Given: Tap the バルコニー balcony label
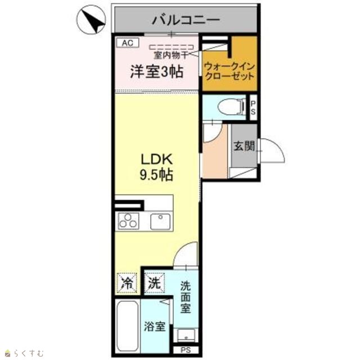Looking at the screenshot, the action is pos(186,20).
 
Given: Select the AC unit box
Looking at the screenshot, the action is pos(128,43).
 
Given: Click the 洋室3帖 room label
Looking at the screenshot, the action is pos(157,71).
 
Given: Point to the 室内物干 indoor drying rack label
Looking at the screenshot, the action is pos(171,55).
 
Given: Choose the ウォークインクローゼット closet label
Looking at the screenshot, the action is pos(229,71).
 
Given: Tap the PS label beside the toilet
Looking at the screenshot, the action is pos(253,107).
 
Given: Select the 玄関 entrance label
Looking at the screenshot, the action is pos(244,146).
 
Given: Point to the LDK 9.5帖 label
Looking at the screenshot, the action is pos(156,167).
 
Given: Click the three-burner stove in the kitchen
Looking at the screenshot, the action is pos(129,221).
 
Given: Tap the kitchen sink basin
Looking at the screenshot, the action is pos(160,221).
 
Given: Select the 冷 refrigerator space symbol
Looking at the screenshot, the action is pos(127,283).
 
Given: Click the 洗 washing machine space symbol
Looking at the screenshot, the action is pos(154,283).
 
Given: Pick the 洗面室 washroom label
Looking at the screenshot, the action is pos(185,297).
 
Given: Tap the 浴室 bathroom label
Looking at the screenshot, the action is pos(155,326).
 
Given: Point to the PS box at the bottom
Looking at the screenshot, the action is pos(186,350).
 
